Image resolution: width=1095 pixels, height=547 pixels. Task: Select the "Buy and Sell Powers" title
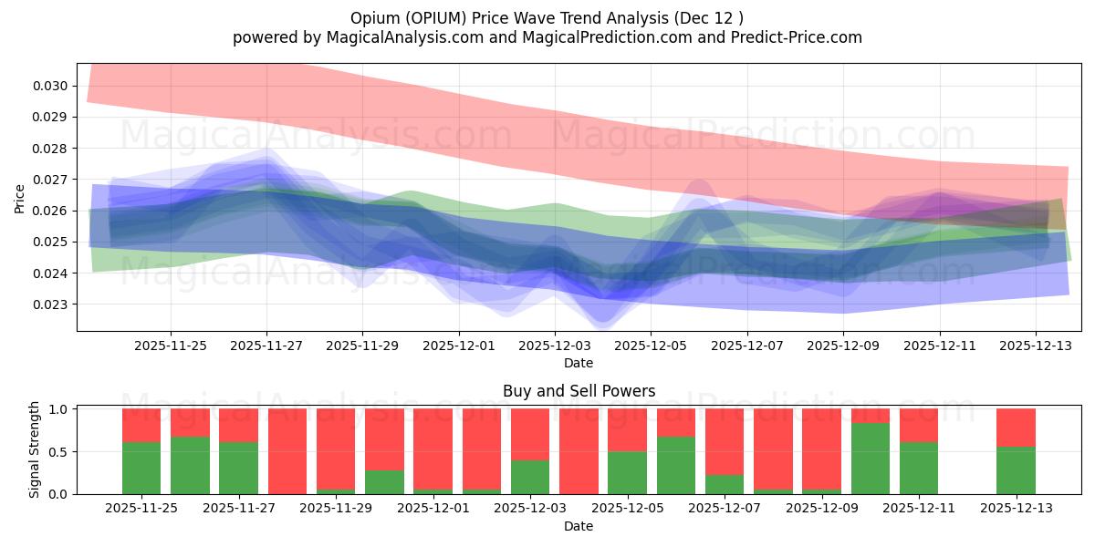click(579, 391)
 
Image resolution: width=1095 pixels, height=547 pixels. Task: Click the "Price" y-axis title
click(20, 198)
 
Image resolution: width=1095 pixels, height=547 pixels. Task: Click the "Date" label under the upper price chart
click(579, 363)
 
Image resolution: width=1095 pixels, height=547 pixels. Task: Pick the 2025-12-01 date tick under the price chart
click(459, 346)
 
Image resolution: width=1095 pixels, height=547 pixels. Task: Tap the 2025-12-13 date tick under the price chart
click(1035, 346)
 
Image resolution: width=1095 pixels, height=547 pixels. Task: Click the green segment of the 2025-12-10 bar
click(871, 459)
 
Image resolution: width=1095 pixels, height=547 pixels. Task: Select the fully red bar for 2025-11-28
click(287, 451)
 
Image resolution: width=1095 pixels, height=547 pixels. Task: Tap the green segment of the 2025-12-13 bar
click(1016, 470)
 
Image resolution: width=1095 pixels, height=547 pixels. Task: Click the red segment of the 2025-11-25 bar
click(141, 425)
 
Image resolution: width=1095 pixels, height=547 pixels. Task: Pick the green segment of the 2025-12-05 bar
click(628, 473)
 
